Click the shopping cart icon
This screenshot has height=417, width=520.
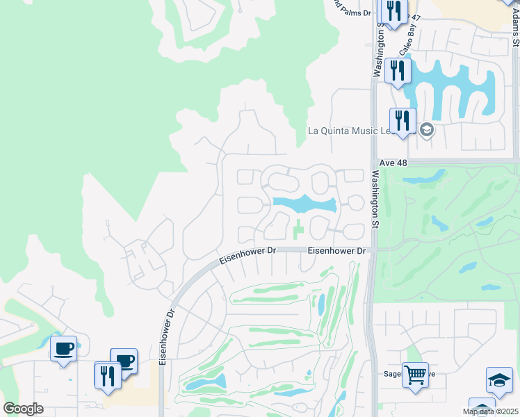tap(415, 375)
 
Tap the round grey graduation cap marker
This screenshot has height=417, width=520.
tap(426, 130)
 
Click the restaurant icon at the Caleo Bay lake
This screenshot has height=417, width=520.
tap(398, 70)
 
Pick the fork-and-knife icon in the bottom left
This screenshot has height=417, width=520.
tap(107, 375)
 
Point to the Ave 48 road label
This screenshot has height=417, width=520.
tap(393, 163)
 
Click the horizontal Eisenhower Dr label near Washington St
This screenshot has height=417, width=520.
tap(336, 250)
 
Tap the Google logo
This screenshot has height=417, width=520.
tap(23, 408)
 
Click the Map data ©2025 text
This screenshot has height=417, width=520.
tap(490, 411)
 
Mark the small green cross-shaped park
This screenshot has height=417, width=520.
tap(298, 228)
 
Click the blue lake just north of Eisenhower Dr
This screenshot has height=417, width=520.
tap(304, 204)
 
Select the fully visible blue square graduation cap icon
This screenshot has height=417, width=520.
tap(498, 379)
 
